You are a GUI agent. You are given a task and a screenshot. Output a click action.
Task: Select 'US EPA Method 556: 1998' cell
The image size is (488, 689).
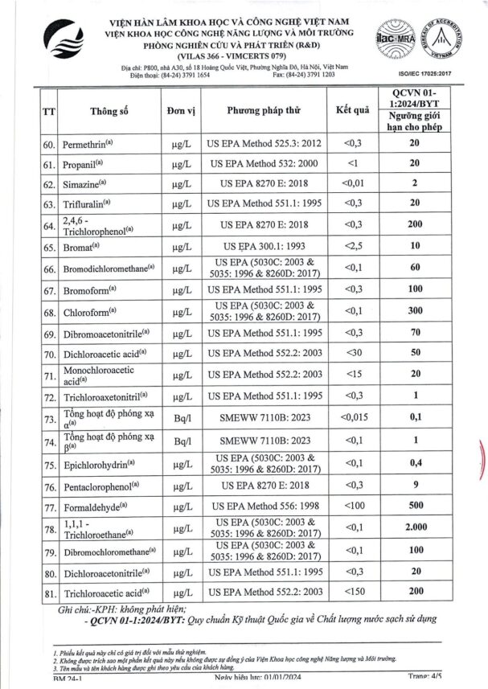pyautogui.click(x=264, y=507)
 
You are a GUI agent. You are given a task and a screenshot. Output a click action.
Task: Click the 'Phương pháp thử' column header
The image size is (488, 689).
pyautogui.click(x=264, y=111)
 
